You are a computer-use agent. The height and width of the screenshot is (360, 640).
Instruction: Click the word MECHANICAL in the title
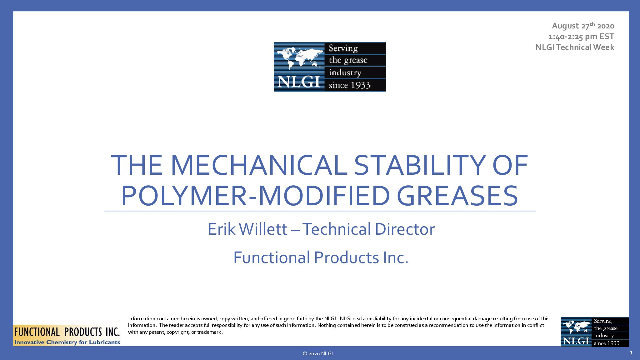coord(259,165)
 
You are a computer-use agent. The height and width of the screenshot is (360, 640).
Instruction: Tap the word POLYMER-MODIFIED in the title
coord(256,196)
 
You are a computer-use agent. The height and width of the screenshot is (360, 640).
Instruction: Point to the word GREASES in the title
coord(457,196)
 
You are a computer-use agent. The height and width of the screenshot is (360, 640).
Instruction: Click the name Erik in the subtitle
coord(222,229)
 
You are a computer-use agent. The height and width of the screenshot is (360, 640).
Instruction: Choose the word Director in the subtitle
coord(405,229)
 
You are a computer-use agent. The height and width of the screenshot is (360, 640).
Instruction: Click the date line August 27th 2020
coord(583,26)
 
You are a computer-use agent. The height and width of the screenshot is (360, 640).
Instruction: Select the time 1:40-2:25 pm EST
coord(581,37)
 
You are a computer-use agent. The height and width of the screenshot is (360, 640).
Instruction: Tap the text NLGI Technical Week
coord(575,47)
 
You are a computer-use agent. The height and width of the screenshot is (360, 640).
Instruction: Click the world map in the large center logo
coord(299,57)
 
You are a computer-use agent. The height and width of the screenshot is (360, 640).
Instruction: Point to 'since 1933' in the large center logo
coord(349,85)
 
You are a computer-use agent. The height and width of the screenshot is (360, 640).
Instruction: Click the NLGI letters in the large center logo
coord(299,82)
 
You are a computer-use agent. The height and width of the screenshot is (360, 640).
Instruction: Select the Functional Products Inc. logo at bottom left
coord(67,335)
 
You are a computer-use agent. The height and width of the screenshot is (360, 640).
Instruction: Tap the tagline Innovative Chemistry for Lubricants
coord(67,342)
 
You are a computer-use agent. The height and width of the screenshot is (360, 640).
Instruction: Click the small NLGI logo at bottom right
coord(595,332)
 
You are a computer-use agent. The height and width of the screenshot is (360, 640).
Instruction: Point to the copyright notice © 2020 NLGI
coord(318,354)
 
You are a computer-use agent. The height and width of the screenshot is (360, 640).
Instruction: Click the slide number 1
coord(631,353)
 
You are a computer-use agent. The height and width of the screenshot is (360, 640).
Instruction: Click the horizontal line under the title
coord(320,211)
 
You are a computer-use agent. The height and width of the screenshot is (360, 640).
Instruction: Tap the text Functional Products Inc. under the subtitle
coord(321,258)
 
